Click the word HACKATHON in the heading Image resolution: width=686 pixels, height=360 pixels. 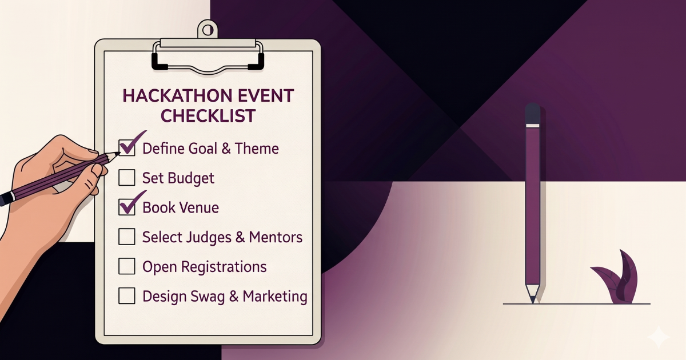pos(170,95)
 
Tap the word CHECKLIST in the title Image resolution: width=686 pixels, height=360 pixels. pos(208,115)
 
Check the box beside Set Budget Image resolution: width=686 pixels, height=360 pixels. pos(126,178)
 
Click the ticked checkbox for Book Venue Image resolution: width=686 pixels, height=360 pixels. pos(126,207)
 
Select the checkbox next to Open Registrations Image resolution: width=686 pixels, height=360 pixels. pos(126,266)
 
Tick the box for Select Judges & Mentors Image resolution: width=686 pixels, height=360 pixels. pos(126,237)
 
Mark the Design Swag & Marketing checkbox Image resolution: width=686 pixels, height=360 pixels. pos(126,296)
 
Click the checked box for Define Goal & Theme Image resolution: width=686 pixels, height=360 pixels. pos(127,148)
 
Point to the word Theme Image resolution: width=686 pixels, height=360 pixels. pos(257,149)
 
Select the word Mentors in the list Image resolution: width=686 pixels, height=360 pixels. pos(276,237)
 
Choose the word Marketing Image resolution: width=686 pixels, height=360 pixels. pos(275,297)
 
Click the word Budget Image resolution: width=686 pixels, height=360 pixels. pos(191,178)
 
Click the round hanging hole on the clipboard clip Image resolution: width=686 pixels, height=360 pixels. pos(208,28)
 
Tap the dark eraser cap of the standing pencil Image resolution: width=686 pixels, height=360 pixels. pos(532,114)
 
